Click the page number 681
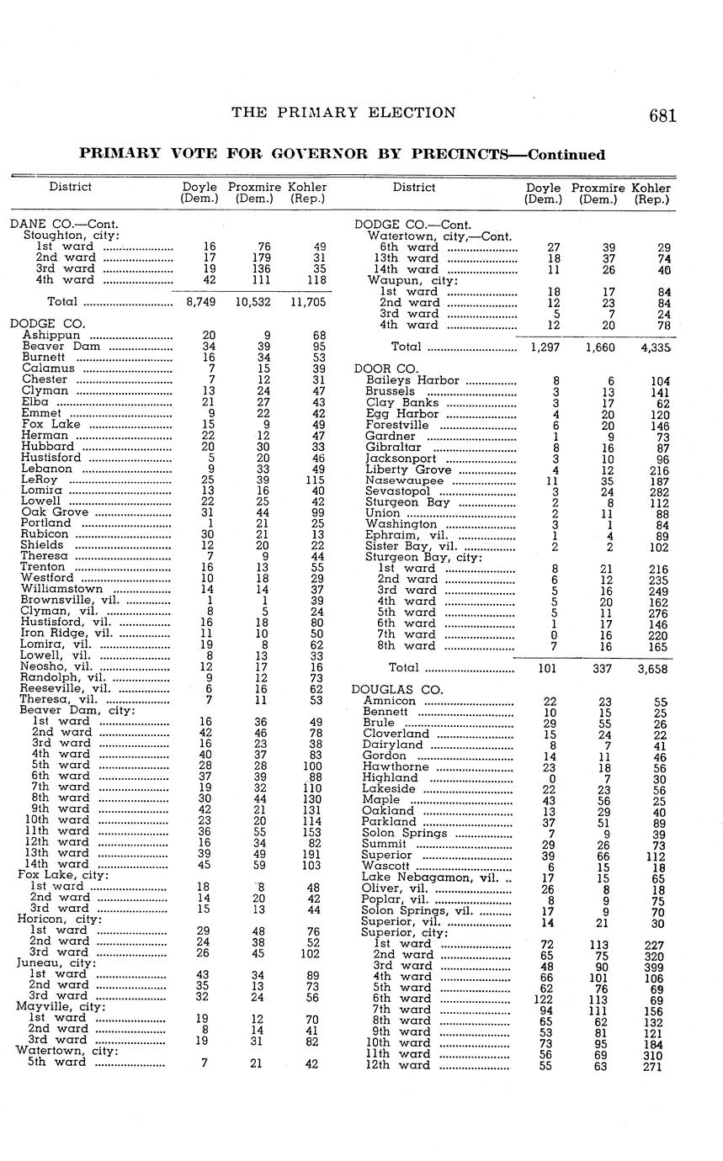[x=662, y=116]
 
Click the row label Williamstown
[x=61, y=589]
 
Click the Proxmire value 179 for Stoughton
[x=264, y=257]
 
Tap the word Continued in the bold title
[x=566, y=155]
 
